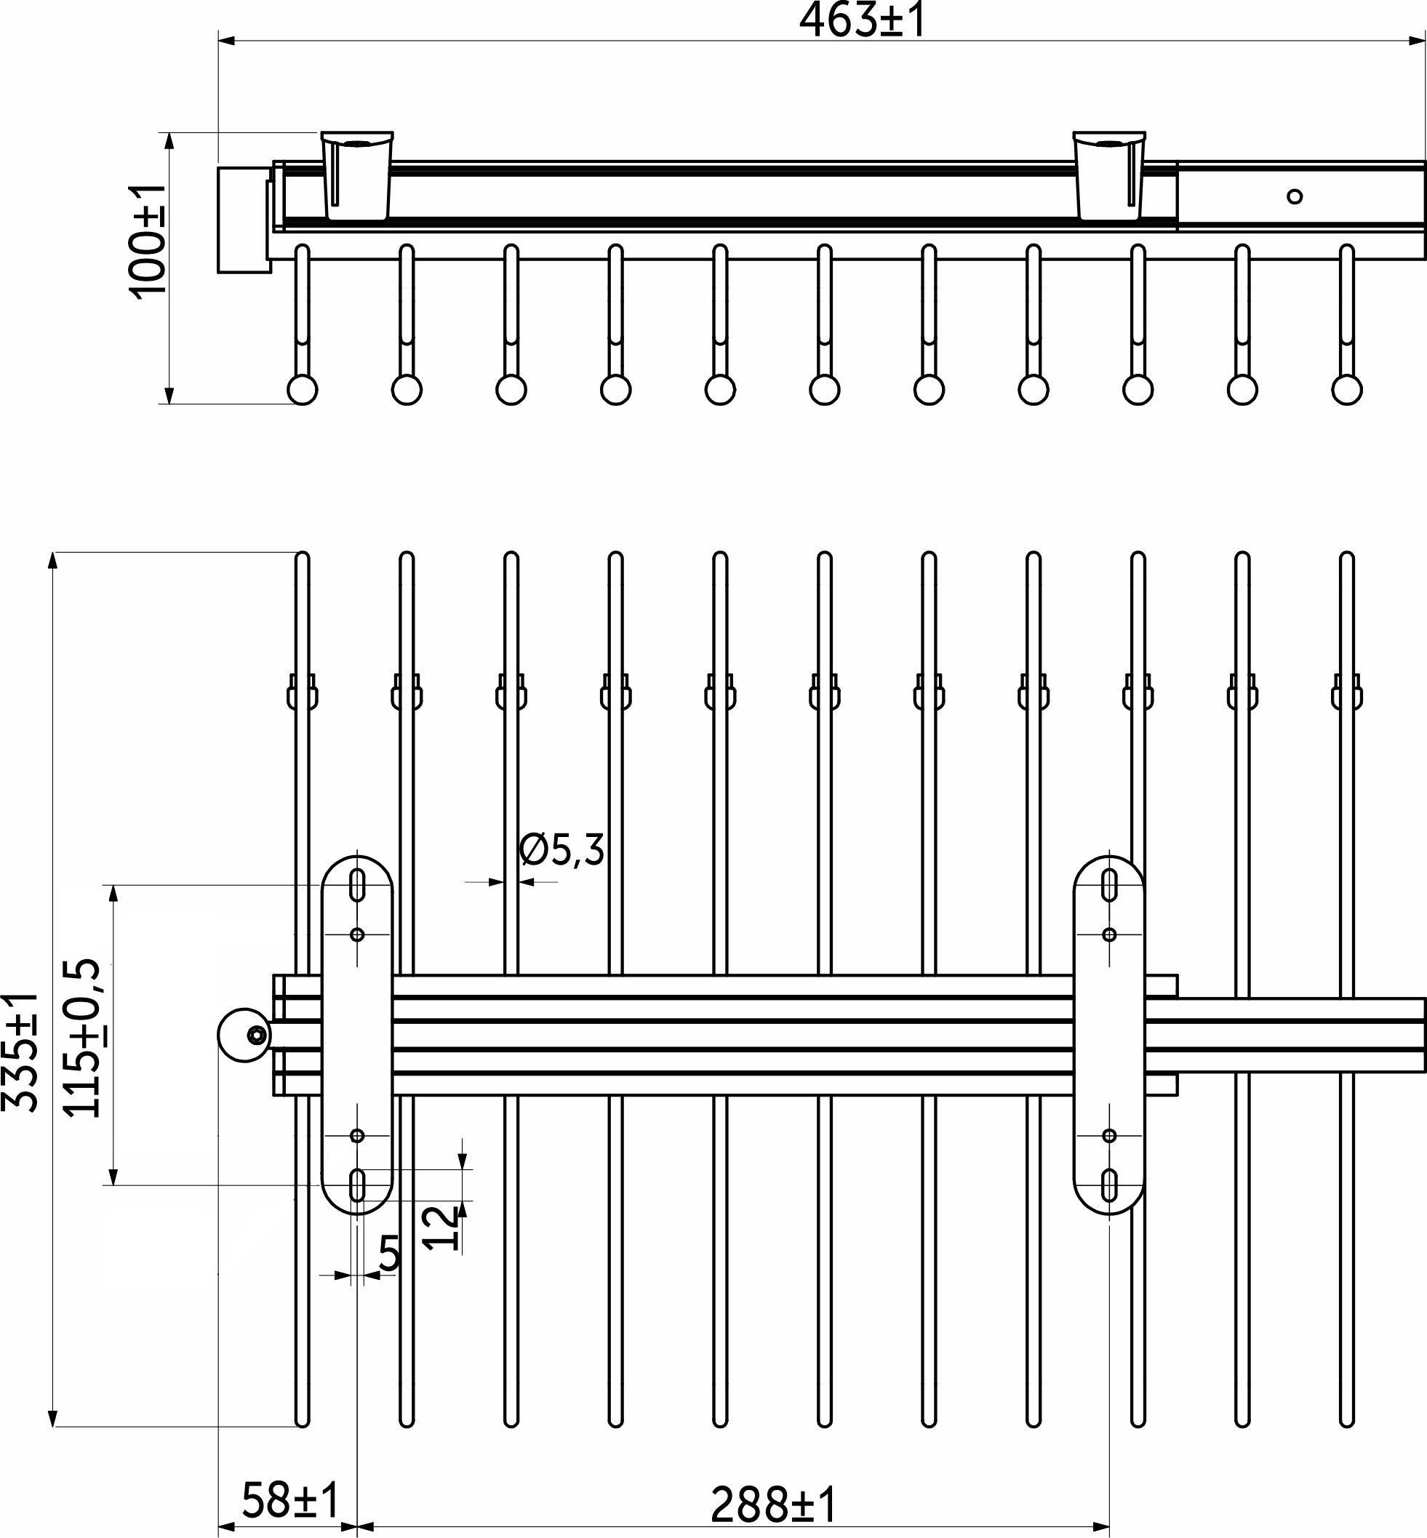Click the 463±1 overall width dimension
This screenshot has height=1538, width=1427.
pyautogui.click(x=862, y=21)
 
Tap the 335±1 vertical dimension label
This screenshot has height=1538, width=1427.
pyautogui.click(x=21, y=1053)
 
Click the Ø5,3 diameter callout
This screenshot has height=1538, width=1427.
pyautogui.click(x=561, y=850)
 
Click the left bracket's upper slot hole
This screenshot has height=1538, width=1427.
pyautogui.click(x=358, y=884)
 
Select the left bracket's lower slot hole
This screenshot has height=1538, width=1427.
pyautogui.click(x=358, y=1185)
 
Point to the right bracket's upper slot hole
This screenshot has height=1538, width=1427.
pyautogui.click(x=1110, y=884)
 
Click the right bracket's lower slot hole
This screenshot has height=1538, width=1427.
pyautogui.click(x=1110, y=1185)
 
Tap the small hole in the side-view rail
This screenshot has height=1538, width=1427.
pyautogui.click(x=1295, y=197)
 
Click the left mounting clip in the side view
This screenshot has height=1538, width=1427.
pyautogui.click(x=356, y=175)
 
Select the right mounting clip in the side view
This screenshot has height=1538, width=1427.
pyautogui.click(x=1109, y=175)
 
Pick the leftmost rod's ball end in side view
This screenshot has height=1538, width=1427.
pyautogui.click(x=303, y=389)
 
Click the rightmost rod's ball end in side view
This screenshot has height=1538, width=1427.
pyautogui.click(x=1347, y=389)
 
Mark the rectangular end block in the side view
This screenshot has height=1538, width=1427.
pyautogui.click(x=243, y=220)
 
